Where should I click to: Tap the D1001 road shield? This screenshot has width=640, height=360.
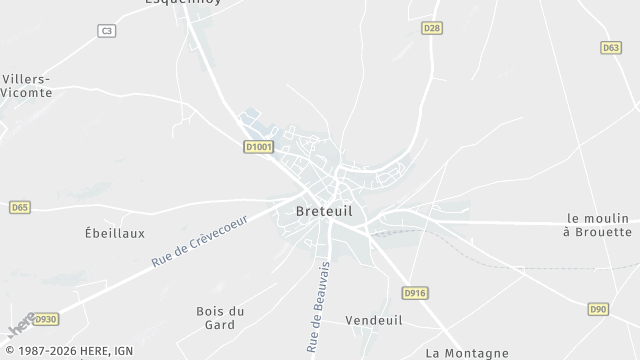point(258,147)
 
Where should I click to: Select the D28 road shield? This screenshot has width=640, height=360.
point(431,28)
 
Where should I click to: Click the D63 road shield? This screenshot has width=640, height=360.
point(611,47)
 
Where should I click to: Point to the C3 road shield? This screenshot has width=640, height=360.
point(106,31)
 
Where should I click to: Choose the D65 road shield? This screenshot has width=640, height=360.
point(20,207)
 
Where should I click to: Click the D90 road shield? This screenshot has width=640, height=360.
point(598,309)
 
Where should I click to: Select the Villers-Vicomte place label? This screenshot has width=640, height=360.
point(27,85)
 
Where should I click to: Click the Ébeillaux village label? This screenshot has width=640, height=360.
point(115,233)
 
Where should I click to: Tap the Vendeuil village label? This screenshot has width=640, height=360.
point(373,320)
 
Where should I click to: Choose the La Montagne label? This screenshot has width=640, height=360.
point(467,352)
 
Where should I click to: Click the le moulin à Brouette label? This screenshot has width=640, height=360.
point(597,225)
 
